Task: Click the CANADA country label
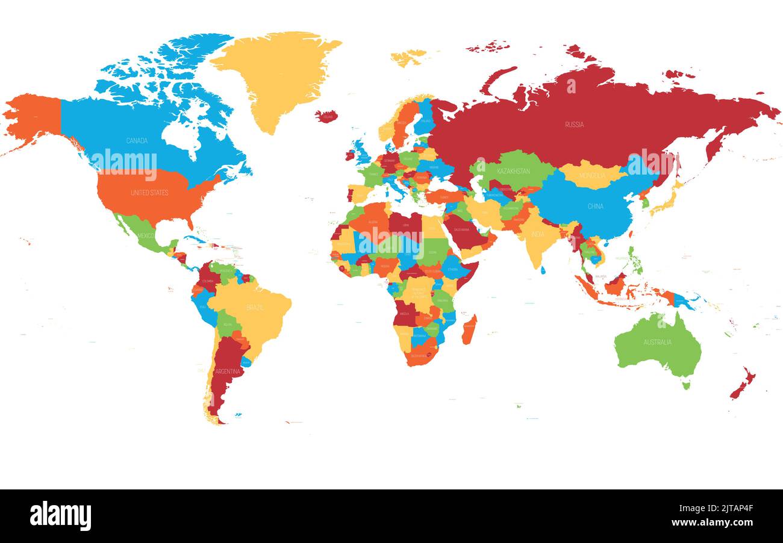[x=137, y=141]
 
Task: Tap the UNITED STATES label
[x=149, y=193]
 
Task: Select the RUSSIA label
[x=574, y=125]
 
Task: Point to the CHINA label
[x=595, y=206]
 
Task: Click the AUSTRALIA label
[x=657, y=343]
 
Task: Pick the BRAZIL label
[x=255, y=308]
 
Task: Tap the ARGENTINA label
[x=228, y=371]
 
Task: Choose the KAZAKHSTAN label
[x=513, y=172]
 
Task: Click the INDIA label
[x=537, y=234]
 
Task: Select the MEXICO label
[x=146, y=235]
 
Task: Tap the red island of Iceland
[x=326, y=116]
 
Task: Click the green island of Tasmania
[x=685, y=385]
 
